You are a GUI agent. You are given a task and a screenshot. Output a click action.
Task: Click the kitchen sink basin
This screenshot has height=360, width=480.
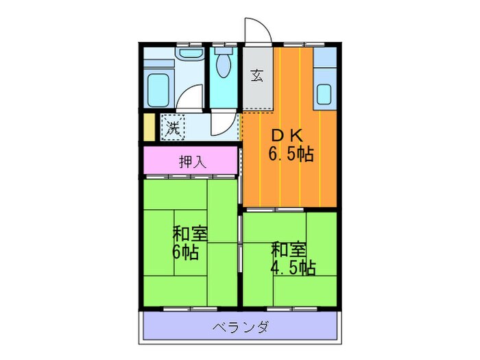point(324,93)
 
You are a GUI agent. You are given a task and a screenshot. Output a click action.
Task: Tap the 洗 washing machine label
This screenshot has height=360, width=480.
point(174,127)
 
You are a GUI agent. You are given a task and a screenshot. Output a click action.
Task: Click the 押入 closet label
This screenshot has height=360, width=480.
point(190,162)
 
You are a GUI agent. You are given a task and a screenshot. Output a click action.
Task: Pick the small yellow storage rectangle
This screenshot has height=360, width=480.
point(149,127)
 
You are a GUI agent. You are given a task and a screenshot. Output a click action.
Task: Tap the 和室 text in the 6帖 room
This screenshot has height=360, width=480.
point(189,233)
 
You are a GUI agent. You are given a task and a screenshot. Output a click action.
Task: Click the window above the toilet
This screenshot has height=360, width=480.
point(221,45)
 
